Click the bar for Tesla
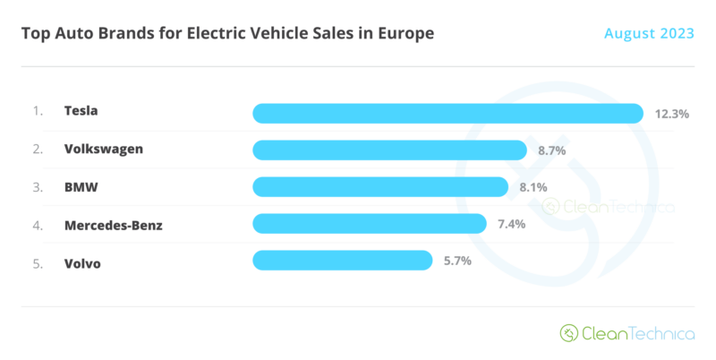(448, 114)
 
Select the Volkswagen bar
(389, 150)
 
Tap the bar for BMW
(380, 187)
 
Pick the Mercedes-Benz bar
(370, 224)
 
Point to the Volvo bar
(343, 261)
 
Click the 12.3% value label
(672, 114)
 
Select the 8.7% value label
(551, 150)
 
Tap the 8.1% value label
(533, 187)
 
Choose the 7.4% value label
(511, 224)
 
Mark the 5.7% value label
(457, 261)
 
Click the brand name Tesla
(81, 110)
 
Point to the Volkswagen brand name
(104, 150)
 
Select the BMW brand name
(81, 187)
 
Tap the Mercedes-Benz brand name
(114, 226)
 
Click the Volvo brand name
(82, 263)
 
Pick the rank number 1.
(38, 111)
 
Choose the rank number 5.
(38, 264)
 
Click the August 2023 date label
(649, 33)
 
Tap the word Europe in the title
(405, 34)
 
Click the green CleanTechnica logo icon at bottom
(569, 333)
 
